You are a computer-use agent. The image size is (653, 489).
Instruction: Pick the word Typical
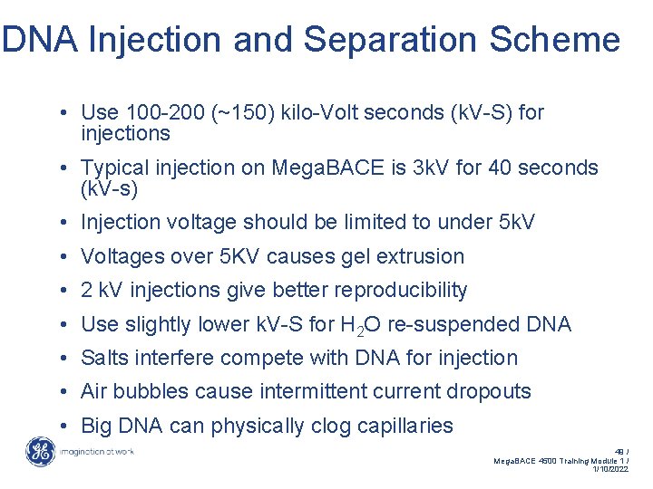115,168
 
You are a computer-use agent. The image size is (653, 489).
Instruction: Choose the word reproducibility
401,290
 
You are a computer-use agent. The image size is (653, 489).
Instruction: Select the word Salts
104,358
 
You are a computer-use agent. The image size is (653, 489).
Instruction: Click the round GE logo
41,451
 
